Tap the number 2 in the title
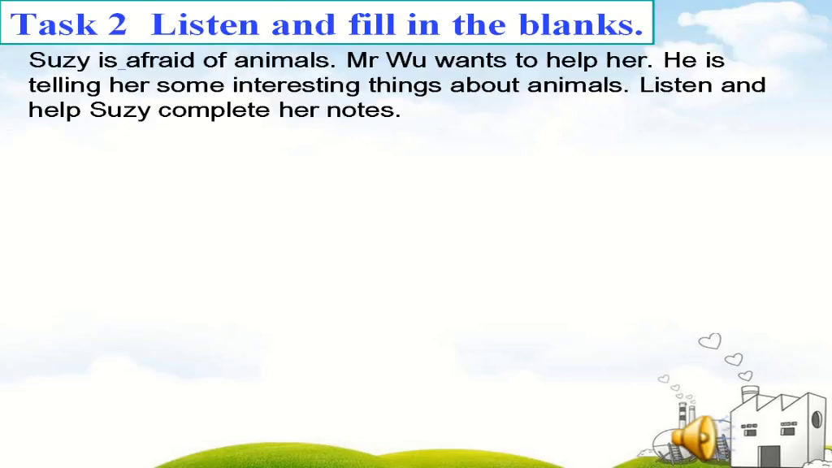[x=118, y=24]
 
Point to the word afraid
[x=160, y=60]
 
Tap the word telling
[x=64, y=85]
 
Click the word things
[x=405, y=85]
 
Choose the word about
[x=484, y=84]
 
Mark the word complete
[x=214, y=110]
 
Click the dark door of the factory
[x=769, y=457]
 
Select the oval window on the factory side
[x=817, y=419]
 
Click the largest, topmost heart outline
[x=710, y=340]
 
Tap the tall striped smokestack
[x=682, y=416]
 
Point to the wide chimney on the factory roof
[x=749, y=394]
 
